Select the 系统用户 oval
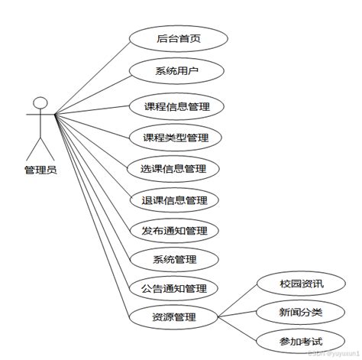coord(177,72)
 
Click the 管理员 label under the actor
coord(40,170)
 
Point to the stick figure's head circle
coord(41,102)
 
